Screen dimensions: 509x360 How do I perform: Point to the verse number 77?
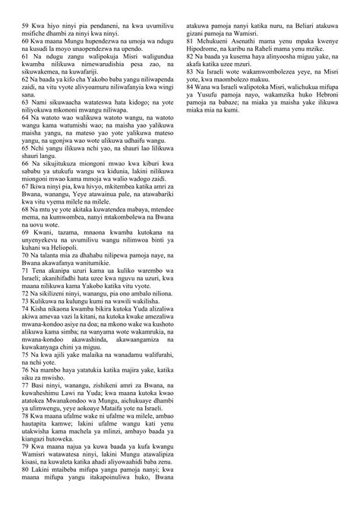coord(26,387)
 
